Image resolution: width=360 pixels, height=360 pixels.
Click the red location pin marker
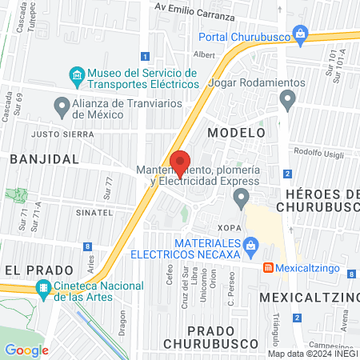point(182,163)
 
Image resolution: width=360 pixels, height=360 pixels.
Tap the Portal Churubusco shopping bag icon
point(300,33)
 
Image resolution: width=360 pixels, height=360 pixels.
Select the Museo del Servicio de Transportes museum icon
point(77,78)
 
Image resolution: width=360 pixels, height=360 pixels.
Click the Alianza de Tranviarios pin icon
point(62,106)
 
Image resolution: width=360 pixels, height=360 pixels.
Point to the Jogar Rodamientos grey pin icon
point(288,100)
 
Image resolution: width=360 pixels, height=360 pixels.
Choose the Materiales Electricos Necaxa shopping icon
point(251,245)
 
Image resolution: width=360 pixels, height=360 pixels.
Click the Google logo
point(26,350)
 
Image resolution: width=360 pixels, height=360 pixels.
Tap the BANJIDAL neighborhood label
point(45,159)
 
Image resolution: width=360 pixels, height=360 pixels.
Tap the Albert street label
point(206,55)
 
